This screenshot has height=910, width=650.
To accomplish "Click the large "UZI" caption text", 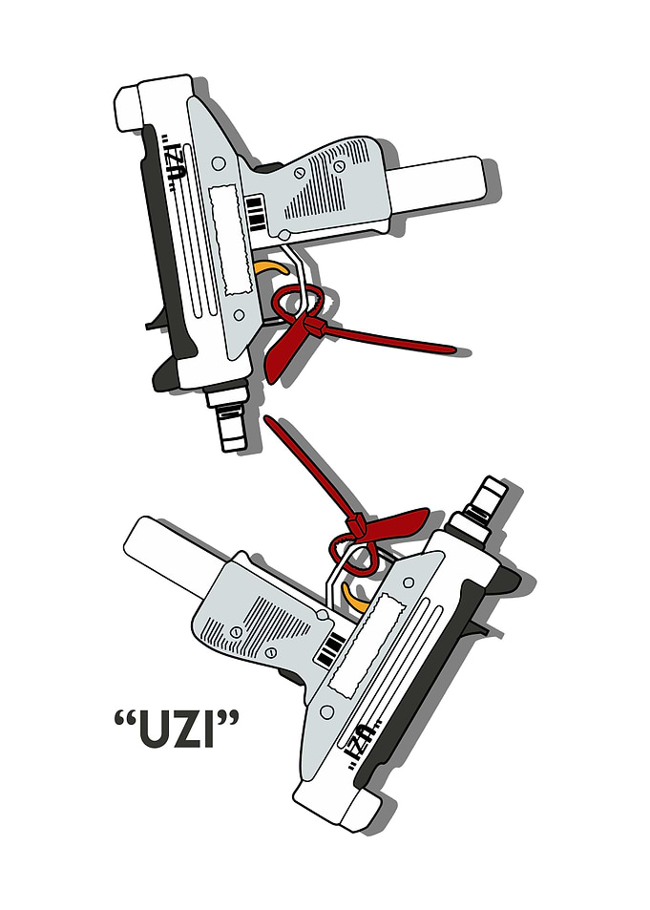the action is click(x=177, y=729).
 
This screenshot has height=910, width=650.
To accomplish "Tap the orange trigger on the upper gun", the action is click(x=272, y=268).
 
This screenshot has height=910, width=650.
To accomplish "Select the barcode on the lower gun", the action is click(x=331, y=648).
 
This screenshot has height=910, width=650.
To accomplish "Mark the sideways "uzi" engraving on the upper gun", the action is click(x=174, y=163).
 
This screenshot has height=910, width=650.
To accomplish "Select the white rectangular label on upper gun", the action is click(x=232, y=239).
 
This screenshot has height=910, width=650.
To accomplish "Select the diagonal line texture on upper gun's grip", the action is click(x=328, y=180).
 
